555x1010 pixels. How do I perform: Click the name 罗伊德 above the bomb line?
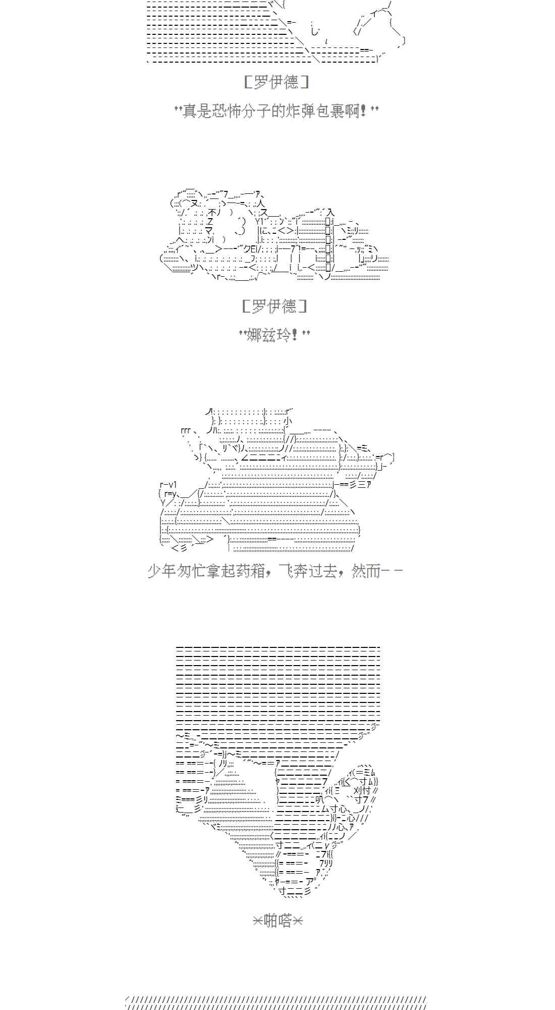coord(276,82)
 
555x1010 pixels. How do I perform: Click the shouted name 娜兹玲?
coord(267,334)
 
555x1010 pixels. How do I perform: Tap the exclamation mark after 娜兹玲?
coord(295,334)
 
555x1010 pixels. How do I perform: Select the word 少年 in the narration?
coord(161,571)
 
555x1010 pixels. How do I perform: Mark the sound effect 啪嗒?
coord(277,921)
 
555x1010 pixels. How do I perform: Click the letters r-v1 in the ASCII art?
coord(168,485)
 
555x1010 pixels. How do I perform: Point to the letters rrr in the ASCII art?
coord(185,431)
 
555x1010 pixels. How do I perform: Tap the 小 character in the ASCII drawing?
coord(287,421)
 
